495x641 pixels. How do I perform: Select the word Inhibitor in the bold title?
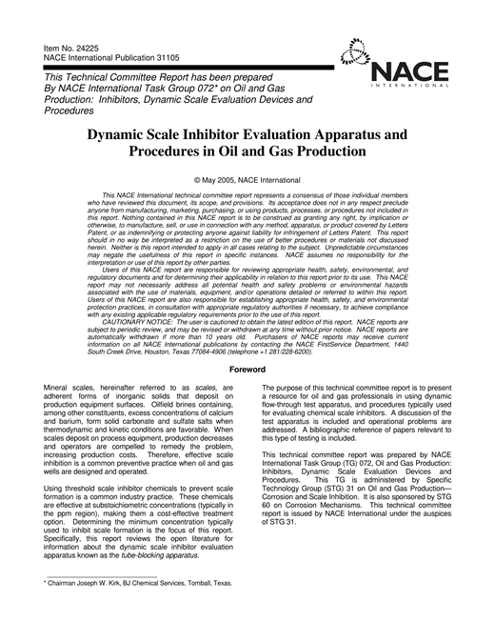click(217, 135)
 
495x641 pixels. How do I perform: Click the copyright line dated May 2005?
click(247, 178)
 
